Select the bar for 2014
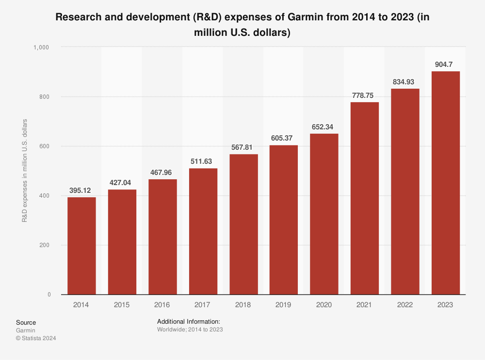pyautogui.click(x=81, y=246)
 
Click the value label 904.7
pyautogui.click(x=445, y=64)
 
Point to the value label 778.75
pyautogui.click(x=364, y=95)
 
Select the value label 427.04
pyautogui.click(x=122, y=182)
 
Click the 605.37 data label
pyautogui.click(x=284, y=138)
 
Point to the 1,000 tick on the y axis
pyautogui.click(x=42, y=47)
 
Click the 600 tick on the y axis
pyautogui.click(x=46, y=146)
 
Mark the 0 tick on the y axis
pyautogui.click(x=49, y=295)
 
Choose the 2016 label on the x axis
pyautogui.click(x=162, y=305)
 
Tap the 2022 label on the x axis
pyautogui.click(x=405, y=305)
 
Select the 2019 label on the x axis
pyautogui.click(x=284, y=305)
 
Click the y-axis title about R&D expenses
pyautogui.click(x=24, y=171)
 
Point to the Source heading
pyautogui.click(x=26, y=323)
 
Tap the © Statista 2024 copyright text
pyautogui.click(x=36, y=339)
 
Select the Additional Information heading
pyautogui.click(x=189, y=321)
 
